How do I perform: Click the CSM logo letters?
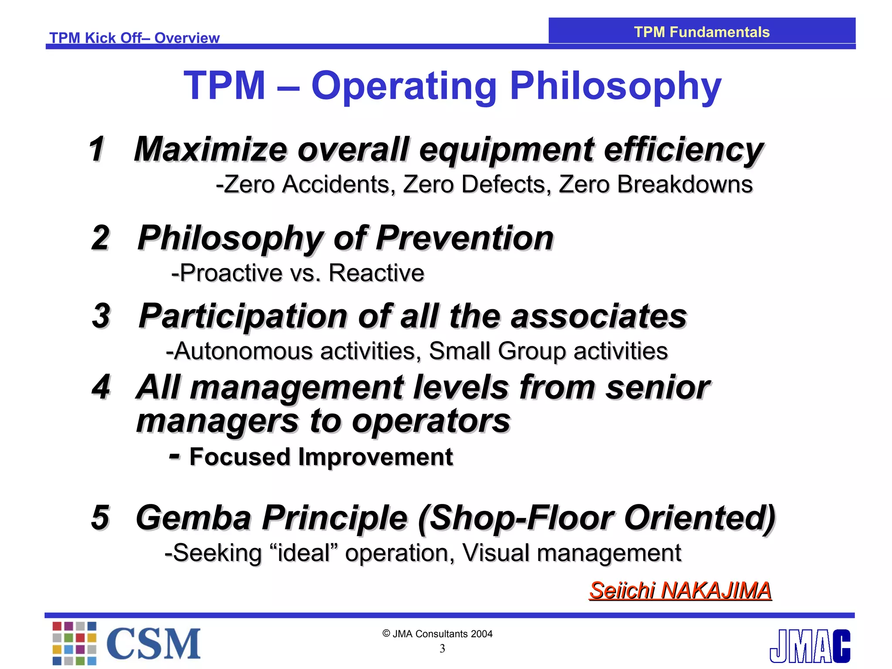pyautogui.click(x=153, y=644)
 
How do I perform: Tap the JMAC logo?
pyautogui.click(x=810, y=646)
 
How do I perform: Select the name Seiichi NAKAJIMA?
pyautogui.click(x=680, y=591)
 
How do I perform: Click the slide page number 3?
pyautogui.click(x=442, y=649)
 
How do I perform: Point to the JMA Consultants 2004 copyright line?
pyautogui.click(x=437, y=634)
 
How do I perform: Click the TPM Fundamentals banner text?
pyautogui.click(x=701, y=32)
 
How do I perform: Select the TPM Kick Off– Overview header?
pyautogui.click(x=134, y=38)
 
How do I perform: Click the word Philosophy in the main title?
pyautogui.click(x=615, y=86)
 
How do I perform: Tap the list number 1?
pyautogui.click(x=97, y=149)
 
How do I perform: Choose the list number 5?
pyautogui.click(x=100, y=517)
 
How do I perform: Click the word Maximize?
pyautogui.click(x=210, y=149)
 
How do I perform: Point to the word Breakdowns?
pyautogui.click(x=685, y=184)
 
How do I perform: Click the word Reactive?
pyautogui.click(x=376, y=273)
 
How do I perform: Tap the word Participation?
pyautogui.click(x=243, y=316)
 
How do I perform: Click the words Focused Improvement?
pyautogui.click(x=321, y=457)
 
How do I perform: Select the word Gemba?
pyautogui.click(x=193, y=518)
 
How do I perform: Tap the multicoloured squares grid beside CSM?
pyautogui.click(x=74, y=643)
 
